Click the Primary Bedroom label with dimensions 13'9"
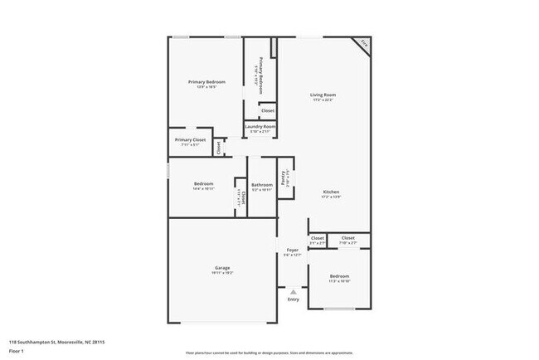coord(206,82)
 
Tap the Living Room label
coord(323,95)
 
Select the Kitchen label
coord(331,192)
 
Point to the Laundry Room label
coord(260,126)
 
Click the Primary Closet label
coord(190,140)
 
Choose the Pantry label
coord(284,178)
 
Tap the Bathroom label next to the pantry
coord(262,184)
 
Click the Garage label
coord(222,268)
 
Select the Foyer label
coord(292,250)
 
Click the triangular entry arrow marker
coord(293,291)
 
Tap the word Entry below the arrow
coord(293,299)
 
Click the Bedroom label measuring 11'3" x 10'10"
coord(339,276)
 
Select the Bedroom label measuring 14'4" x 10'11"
coord(204,183)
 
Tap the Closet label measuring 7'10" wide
coord(348,238)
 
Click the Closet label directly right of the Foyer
coord(318,238)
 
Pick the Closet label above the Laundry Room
coord(267,110)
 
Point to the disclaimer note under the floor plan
coord(269,353)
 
